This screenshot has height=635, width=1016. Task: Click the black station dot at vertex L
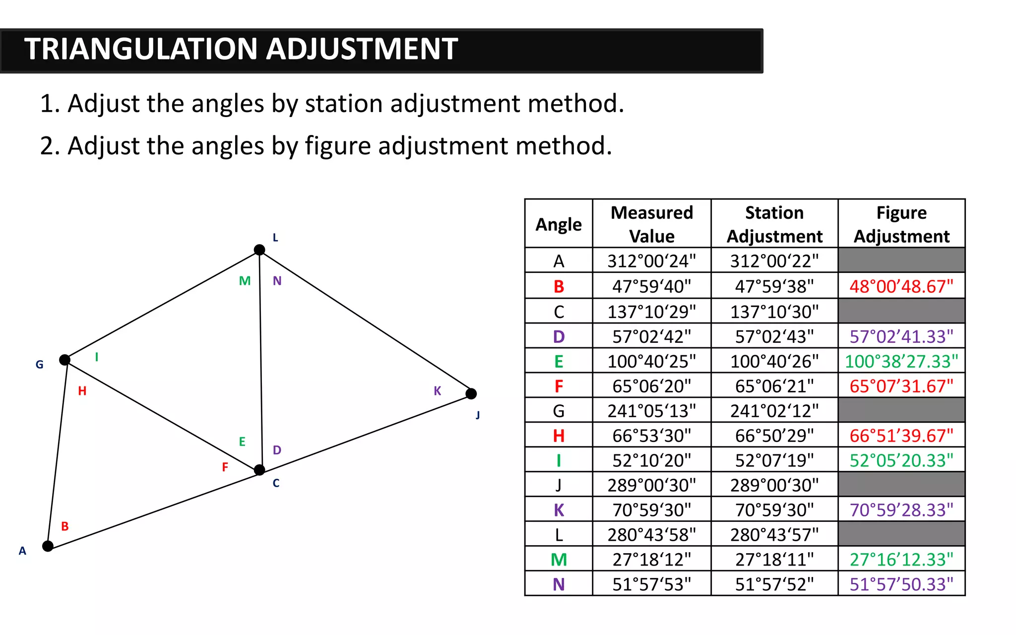pyautogui.click(x=259, y=250)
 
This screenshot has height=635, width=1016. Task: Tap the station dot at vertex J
pyautogui.click(x=471, y=394)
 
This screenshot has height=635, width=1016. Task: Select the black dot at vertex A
pyautogui.click(x=48, y=546)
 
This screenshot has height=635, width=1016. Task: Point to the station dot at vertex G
pyautogui.click(x=65, y=360)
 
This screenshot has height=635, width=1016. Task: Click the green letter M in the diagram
pyautogui.click(x=245, y=281)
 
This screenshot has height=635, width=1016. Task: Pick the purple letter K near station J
pyautogui.click(x=437, y=391)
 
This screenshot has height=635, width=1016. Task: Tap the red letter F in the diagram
pyautogui.click(x=225, y=467)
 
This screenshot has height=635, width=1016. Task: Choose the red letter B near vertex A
pyautogui.click(x=65, y=526)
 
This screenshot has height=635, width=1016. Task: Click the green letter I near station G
pyautogui.click(x=97, y=357)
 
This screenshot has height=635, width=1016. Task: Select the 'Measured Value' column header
pyautogui.click(x=651, y=224)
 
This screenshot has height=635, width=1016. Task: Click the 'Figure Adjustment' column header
pyautogui.click(x=901, y=224)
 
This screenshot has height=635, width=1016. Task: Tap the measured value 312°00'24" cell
pyautogui.click(x=651, y=261)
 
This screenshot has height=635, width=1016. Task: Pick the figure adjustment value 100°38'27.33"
pyautogui.click(x=901, y=361)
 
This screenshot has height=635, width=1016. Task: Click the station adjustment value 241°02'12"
pyautogui.click(x=774, y=411)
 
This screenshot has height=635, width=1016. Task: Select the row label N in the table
pyautogui.click(x=559, y=584)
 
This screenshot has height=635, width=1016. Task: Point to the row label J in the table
pyautogui.click(x=559, y=485)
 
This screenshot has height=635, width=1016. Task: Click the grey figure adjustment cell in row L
pyautogui.click(x=901, y=534)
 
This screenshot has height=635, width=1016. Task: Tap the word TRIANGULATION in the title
pyautogui.click(x=141, y=49)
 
